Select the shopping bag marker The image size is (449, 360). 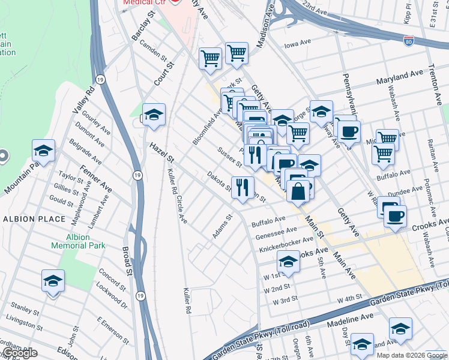coord(298,192)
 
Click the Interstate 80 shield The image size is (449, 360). coord(408,41)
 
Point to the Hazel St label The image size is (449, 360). coord(161,152)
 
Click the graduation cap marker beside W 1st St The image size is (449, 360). coord(288,262)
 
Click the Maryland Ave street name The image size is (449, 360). coord(400,79)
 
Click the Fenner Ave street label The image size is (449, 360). coord(97,178)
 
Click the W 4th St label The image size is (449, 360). coord(350,299)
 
